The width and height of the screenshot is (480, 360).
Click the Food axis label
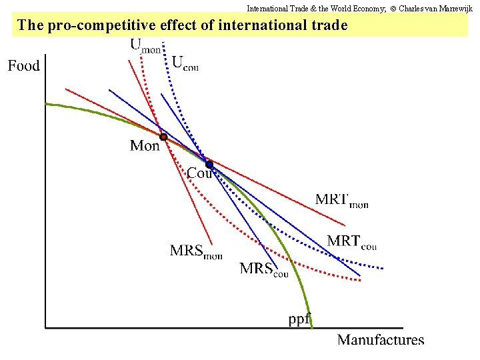(24, 65)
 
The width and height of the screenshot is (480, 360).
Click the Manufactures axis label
(380, 340)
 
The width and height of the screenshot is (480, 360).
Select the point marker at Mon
(163, 137)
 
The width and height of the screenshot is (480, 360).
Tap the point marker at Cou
(209, 164)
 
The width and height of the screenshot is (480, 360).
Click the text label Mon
(145, 145)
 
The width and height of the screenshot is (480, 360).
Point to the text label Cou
(199, 173)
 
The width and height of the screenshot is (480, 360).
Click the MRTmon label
(341, 200)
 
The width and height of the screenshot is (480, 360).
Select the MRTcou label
(351, 241)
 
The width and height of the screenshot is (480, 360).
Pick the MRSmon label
(195, 251)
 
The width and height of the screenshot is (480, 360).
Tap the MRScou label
(264, 269)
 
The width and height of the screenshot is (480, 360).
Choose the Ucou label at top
(185, 63)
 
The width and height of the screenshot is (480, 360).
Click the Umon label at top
(145, 45)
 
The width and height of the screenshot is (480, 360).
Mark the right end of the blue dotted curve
(383, 269)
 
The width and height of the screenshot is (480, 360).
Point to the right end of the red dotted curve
(361, 281)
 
